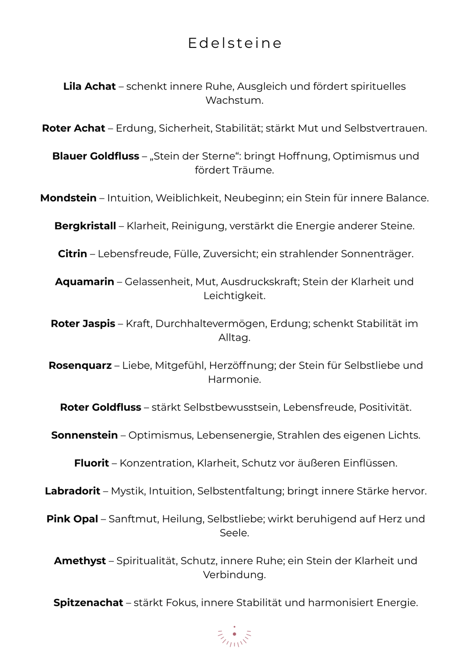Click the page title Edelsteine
click(x=234, y=43)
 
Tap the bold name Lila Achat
click(x=89, y=86)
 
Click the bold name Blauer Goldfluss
click(x=96, y=156)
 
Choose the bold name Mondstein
click(x=68, y=198)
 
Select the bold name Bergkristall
click(x=85, y=226)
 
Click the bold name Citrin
click(x=72, y=254)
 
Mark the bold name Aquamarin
click(x=84, y=282)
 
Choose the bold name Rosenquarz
click(x=80, y=366)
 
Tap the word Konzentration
click(x=156, y=463)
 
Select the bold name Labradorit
click(x=73, y=491)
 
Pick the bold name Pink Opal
click(x=72, y=519)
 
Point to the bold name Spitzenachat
click(x=88, y=603)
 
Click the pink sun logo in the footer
click(x=234, y=637)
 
